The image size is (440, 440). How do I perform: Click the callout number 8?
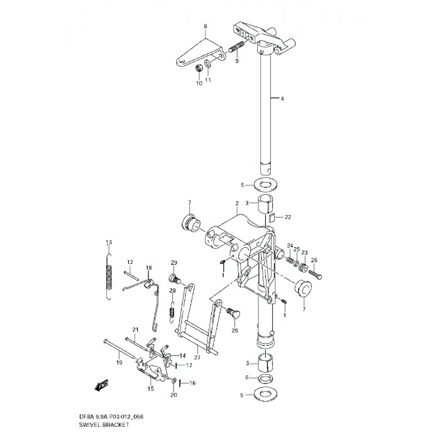pos(205,26)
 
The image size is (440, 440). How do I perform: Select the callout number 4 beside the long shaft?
pos(282,99)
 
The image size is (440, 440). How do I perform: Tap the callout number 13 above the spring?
pos(108,243)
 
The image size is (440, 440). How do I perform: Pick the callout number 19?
pos(119,363)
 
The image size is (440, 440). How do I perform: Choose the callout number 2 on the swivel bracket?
pos(237,204)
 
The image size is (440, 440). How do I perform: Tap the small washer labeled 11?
pos(208,65)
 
